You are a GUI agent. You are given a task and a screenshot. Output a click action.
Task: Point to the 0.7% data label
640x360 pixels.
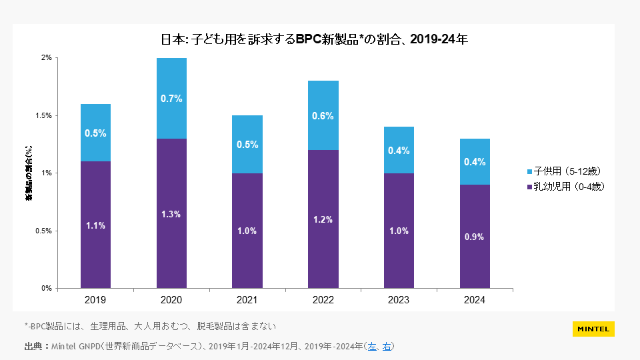[x=171, y=99]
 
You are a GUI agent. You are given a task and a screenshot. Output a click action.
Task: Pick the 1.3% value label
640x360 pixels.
[x=171, y=214]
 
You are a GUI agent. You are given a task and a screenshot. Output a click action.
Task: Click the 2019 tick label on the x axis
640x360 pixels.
[x=95, y=301]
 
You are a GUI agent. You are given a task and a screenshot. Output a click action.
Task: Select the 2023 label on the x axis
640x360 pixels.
[x=399, y=301]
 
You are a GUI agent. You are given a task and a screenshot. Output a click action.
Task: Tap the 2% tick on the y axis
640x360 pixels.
[x=47, y=58]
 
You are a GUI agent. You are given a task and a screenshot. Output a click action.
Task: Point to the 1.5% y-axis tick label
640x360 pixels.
[x=43, y=115]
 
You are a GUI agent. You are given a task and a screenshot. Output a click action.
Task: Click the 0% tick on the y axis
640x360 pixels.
[x=47, y=288]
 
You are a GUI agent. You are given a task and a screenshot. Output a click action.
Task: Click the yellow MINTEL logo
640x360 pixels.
[x=593, y=329]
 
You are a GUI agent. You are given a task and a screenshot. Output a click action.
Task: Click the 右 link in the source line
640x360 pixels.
[x=387, y=346]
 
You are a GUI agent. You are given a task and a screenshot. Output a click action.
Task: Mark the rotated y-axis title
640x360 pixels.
[x=29, y=173]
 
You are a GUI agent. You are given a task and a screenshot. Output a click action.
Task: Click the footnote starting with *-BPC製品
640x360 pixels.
[x=150, y=326]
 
